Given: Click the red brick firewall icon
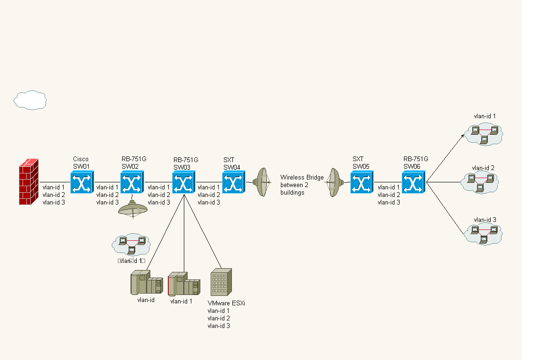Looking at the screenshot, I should (28, 182).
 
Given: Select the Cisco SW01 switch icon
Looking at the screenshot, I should (82, 182).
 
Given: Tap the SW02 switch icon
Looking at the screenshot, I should (132, 182).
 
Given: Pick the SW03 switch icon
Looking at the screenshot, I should (184, 182).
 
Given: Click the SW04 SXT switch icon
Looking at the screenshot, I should (234, 182).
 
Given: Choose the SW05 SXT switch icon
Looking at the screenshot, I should (362, 182).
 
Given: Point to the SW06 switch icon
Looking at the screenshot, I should (414, 182).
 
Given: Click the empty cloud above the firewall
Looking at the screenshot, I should (30, 100).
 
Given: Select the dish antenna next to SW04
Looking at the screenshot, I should (262, 182).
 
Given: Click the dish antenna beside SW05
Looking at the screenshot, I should (334, 182).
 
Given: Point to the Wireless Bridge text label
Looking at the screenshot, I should (302, 185).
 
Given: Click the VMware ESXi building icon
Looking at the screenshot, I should (221, 282).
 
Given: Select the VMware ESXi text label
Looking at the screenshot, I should (226, 303).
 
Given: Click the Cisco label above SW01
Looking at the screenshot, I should (81, 159).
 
